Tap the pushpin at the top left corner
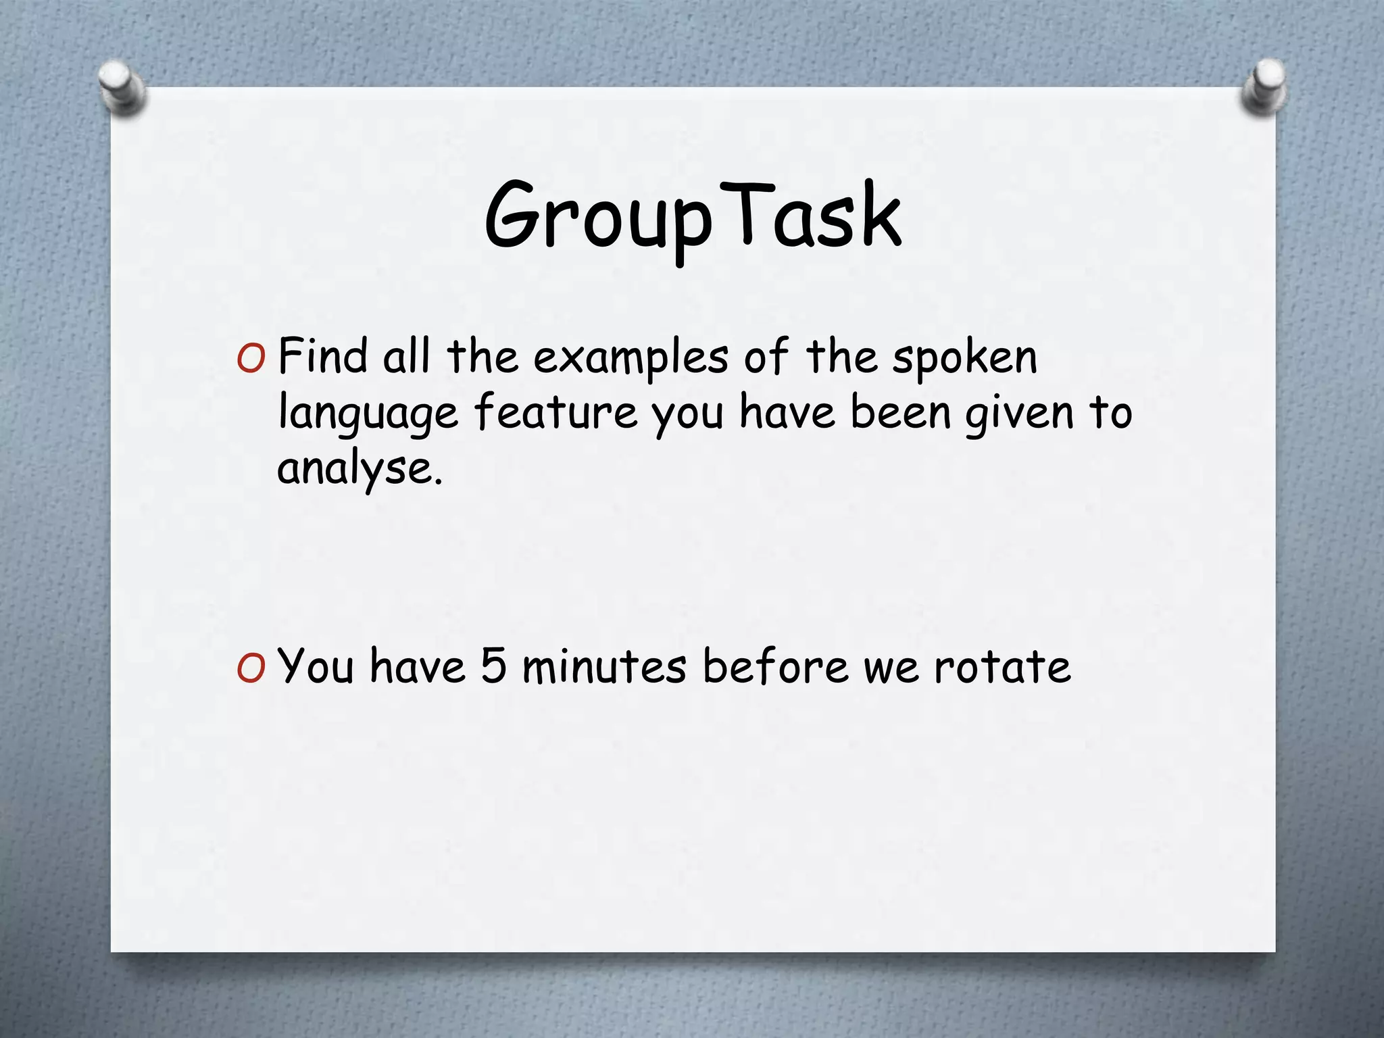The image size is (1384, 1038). tap(122, 87)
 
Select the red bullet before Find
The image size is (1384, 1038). tap(251, 359)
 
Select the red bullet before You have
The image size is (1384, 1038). tap(251, 668)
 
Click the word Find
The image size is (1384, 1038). tap(322, 356)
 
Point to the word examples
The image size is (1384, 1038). tap(631, 358)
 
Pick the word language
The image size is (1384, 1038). tap(368, 414)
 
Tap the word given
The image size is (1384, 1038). tap(1019, 414)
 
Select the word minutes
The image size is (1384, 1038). tap(604, 667)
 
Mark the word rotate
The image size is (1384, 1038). tap(1002, 667)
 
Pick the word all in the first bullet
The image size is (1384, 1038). tap(406, 356)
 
